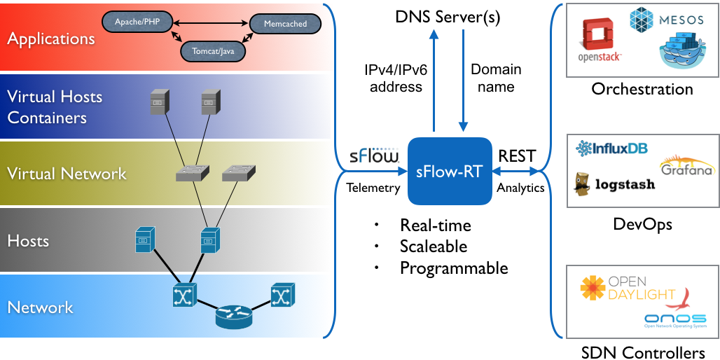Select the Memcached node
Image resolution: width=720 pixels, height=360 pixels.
pos(285,24)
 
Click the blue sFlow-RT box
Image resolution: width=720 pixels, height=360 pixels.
pos(449,171)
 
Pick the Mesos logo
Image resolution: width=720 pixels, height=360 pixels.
pos(665,19)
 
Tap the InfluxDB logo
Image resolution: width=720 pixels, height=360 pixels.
pos(611,148)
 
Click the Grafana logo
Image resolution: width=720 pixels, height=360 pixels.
pos(686,165)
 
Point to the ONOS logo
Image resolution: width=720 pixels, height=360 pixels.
pos(676,319)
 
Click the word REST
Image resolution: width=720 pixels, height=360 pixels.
pos(517,156)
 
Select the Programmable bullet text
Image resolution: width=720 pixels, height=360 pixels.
pos(454,268)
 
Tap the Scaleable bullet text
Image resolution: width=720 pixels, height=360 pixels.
pos(434,247)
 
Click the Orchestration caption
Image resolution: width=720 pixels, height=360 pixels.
pos(642,89)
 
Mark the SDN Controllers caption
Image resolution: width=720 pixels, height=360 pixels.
pos(643,352)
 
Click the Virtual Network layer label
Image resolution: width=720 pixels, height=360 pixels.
pos(67,174)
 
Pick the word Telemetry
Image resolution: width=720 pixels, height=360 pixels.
pos(373,187)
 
